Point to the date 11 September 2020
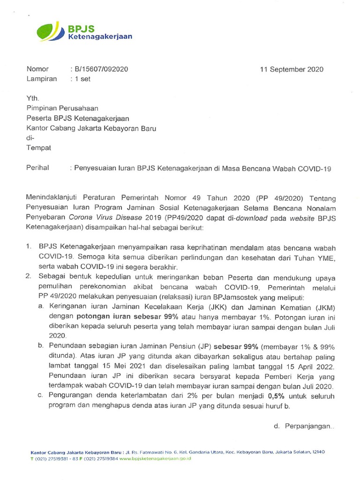click(x=292, y=69)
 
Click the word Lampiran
click(x=42, y=79)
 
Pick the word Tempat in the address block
click(x=39, y=147)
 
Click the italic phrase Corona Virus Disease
click(x=111, y=218)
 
